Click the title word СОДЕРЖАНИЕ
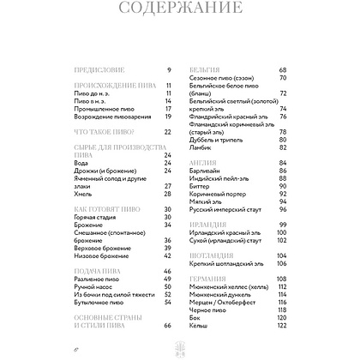point(179,13)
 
